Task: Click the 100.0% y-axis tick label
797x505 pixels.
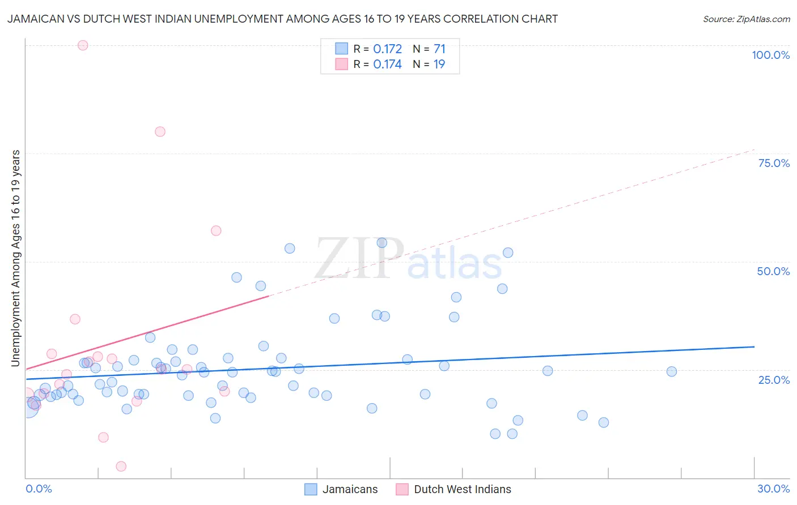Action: coord(770,55)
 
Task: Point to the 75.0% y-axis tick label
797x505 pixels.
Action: coord(774,163)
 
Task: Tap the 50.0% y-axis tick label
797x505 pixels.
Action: coord(773,271)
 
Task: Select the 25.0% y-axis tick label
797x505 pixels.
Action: coord(774,379)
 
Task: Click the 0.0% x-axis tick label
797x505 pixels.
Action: coord(39,489)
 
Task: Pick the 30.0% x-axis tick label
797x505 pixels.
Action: coord(773,489)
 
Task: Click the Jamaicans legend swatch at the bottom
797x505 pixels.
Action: coord(311,489)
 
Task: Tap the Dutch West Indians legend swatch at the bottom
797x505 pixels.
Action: coord(402,489)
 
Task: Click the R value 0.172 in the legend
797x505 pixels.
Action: coord(387,49)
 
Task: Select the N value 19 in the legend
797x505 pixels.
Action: coord(439,64)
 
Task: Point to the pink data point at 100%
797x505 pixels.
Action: coord(83,45)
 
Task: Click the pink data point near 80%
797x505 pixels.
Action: coord(160,131)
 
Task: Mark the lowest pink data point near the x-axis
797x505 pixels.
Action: coord(121,466)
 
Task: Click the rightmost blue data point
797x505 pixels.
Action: coord(672,371)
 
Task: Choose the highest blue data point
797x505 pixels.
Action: coord(381,243)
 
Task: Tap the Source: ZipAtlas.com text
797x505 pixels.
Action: coord(746,19)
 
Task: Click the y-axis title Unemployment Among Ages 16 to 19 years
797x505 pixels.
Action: coord(15,258)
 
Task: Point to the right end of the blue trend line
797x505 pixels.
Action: coord(754,346)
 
